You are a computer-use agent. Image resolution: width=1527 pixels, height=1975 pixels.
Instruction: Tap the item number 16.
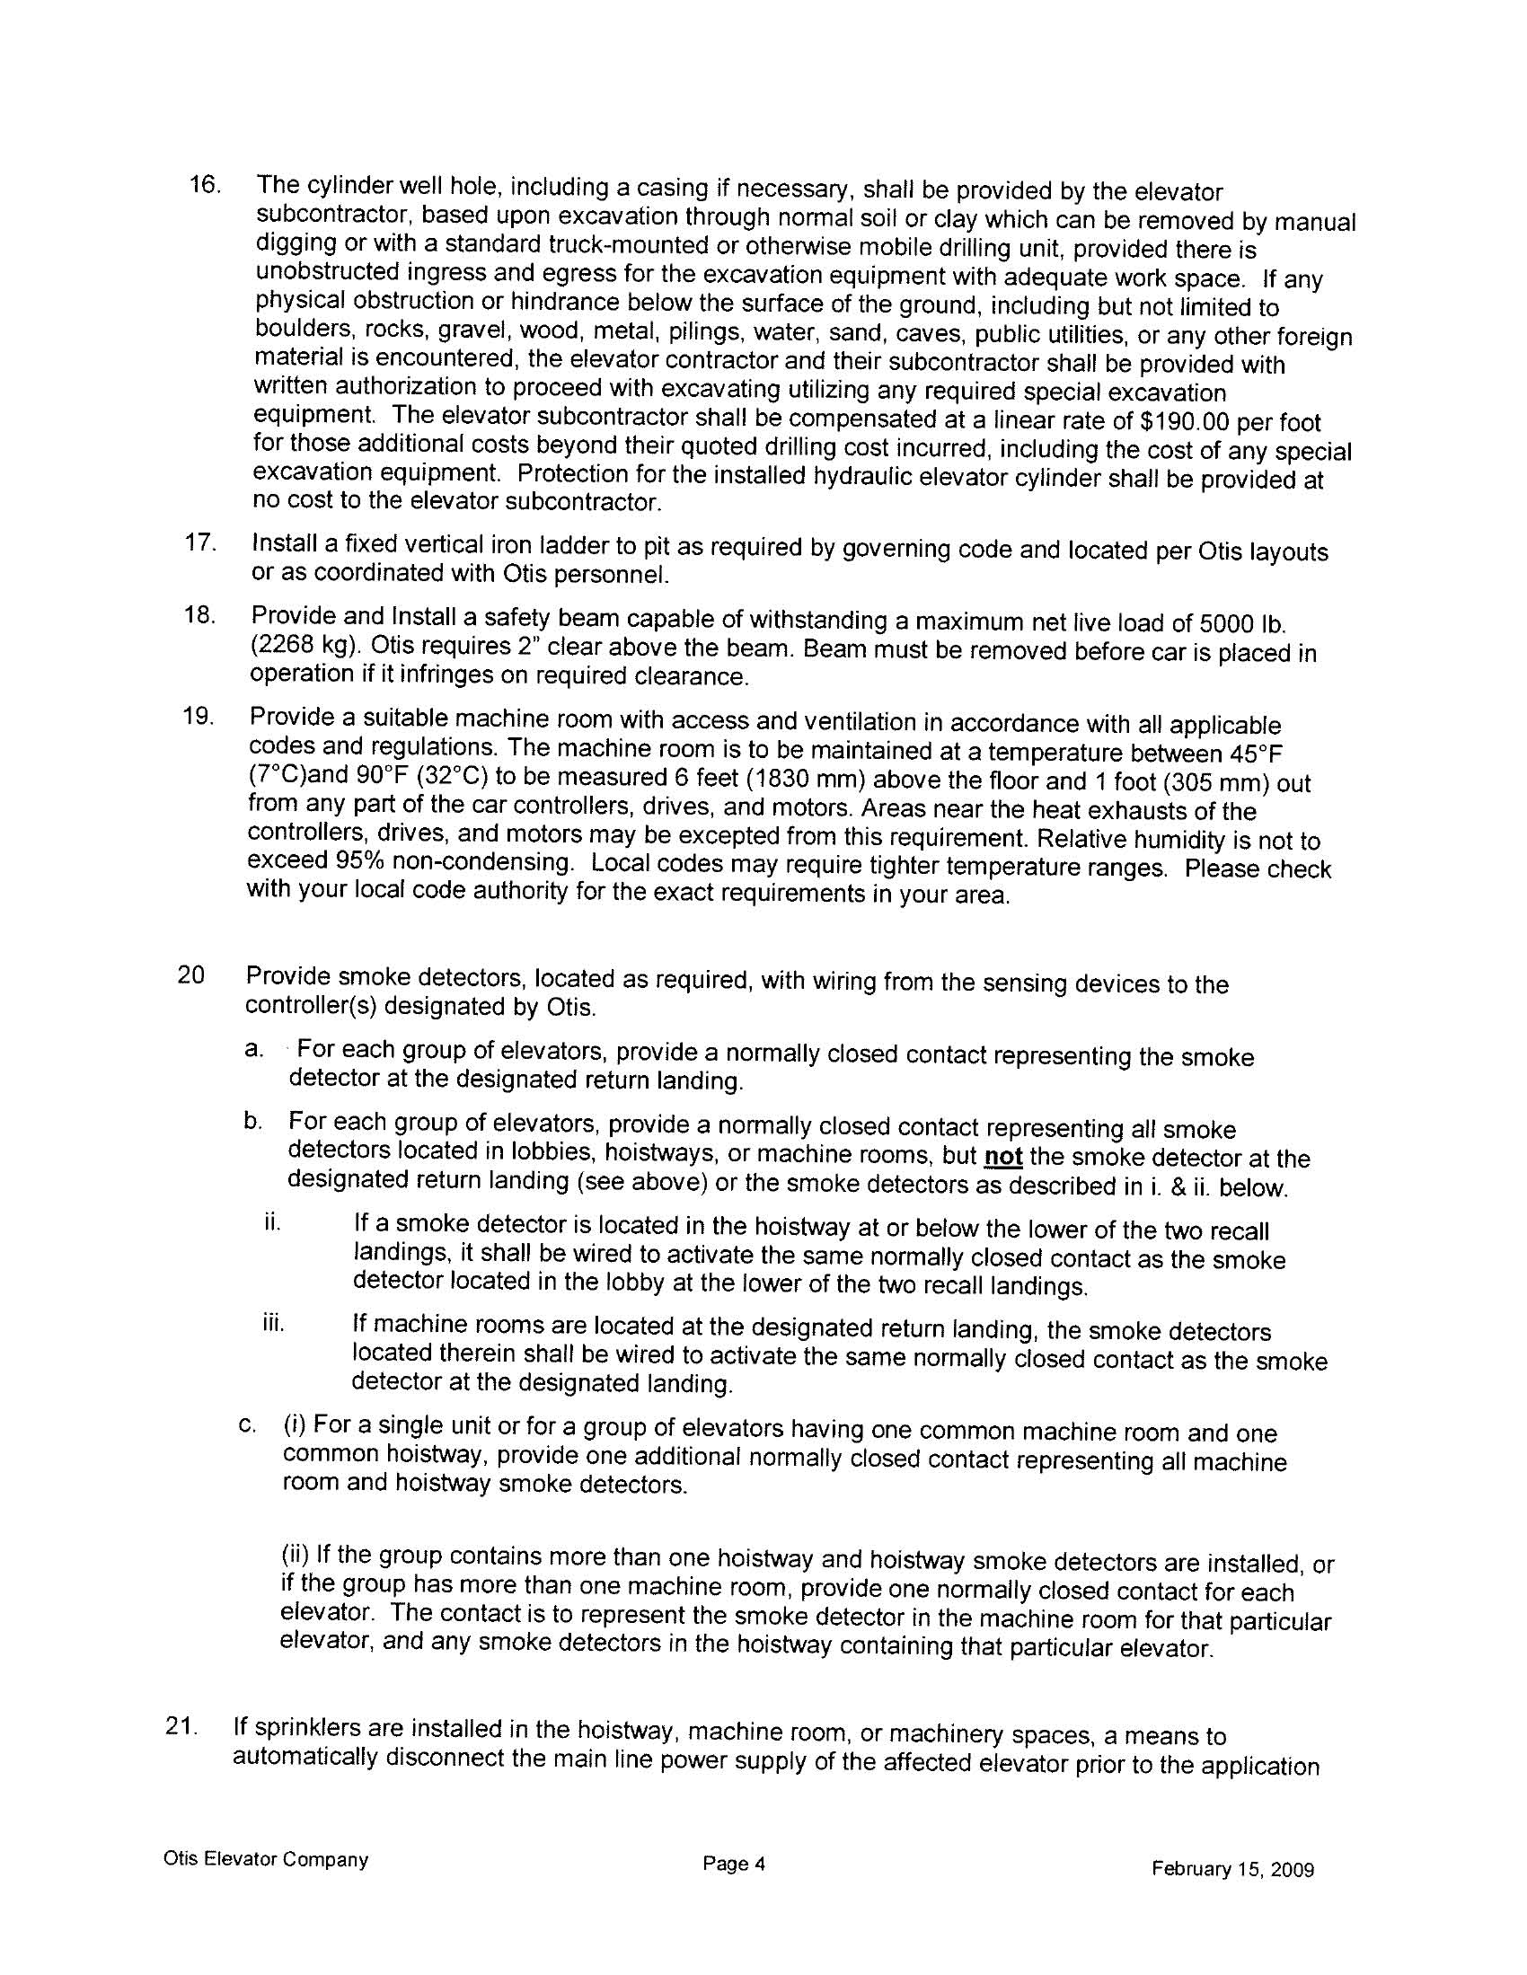205,185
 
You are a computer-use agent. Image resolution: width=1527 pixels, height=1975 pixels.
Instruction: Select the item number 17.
200,543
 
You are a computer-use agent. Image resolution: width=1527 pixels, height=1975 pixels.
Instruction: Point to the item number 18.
200,616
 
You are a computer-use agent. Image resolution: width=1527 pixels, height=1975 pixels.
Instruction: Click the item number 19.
199,717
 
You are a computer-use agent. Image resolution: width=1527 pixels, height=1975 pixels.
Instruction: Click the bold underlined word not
1003,1158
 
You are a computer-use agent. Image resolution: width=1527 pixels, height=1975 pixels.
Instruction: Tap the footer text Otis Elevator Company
266,1859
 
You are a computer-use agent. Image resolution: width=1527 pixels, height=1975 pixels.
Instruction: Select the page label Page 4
735,1864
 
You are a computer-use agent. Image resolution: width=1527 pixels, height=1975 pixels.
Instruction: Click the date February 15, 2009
1232,1869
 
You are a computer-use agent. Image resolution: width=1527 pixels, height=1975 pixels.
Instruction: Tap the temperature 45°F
1256,754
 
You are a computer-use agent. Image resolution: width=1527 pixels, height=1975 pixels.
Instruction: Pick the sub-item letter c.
244,1426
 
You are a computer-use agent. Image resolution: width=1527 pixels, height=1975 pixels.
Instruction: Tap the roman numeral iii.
273,1324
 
